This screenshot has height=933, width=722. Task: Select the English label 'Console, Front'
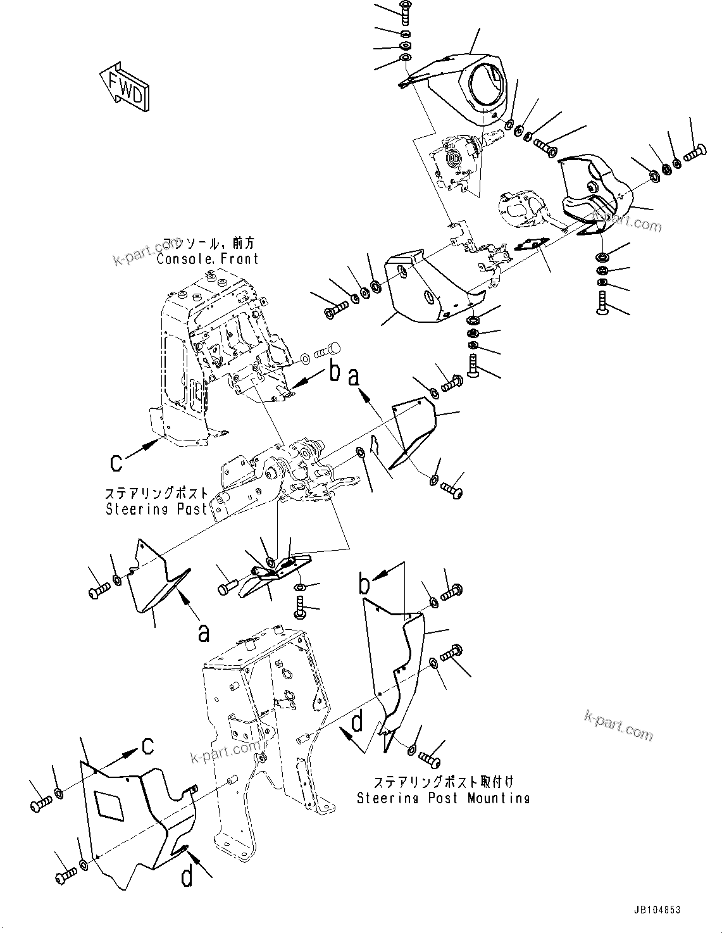point(208,259)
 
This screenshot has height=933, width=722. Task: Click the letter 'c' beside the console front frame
point(116,462)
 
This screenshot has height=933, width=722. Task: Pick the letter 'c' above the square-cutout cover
point(147,747)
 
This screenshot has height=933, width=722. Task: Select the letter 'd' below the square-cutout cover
point(187,878)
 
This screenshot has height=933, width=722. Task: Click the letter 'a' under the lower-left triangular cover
point(204,632)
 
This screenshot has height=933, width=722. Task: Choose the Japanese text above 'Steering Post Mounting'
point(443,782)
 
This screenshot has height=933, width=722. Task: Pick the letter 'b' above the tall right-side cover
point(364,584)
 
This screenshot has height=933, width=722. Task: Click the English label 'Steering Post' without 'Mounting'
point(156,508)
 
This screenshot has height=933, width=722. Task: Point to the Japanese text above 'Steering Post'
point(156,494)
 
